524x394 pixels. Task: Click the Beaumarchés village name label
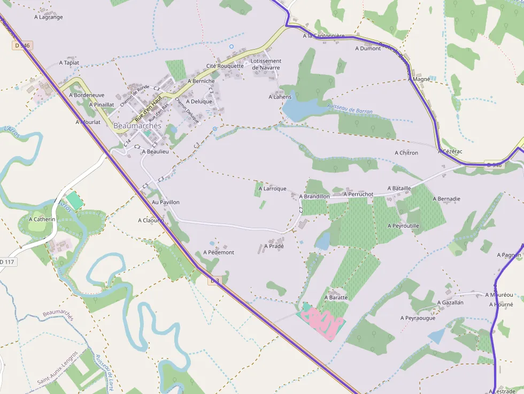(137, 126)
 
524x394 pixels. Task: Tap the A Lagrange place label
(49, 17)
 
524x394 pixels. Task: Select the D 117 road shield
(7, 261)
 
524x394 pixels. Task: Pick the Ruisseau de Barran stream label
(350, 109)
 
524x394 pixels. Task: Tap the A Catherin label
(42, 219)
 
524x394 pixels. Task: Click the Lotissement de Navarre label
(266, 64)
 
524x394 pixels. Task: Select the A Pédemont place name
(219, 252)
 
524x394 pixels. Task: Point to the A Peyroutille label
(404, 226)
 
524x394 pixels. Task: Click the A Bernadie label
(446, 199)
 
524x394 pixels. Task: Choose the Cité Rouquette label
(225, 66)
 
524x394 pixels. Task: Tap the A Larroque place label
(273, 189)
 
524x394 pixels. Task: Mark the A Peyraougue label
(418, 318)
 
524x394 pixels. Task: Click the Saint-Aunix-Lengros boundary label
(57, 367)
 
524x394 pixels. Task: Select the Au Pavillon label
(166, 202)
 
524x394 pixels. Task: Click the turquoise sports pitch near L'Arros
(75, 200)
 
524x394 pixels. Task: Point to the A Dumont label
(368, 49)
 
